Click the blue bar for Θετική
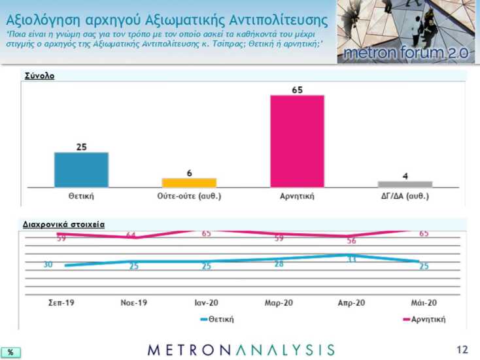[x=81, y=170]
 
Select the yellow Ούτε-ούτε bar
[x=189, y=182]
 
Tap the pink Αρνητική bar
[x=297, y=141]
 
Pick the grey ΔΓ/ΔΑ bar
[x=405, y=184]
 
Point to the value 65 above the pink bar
[x=297, y=90]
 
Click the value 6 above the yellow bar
[x=189, y=172]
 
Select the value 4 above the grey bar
[x=405, y=176]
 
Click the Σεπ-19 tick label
[x=61, y=303]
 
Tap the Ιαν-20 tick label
[x=206, y=303]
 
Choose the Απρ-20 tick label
[x=351, y=303]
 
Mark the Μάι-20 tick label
[x=424, y=303]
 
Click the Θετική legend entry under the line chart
[x=218, y=319]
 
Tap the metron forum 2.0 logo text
[x=407, y=53]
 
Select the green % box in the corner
[x=10, y=352]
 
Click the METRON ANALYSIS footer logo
[x=241, y=350]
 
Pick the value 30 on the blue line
[x=48, y=265]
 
